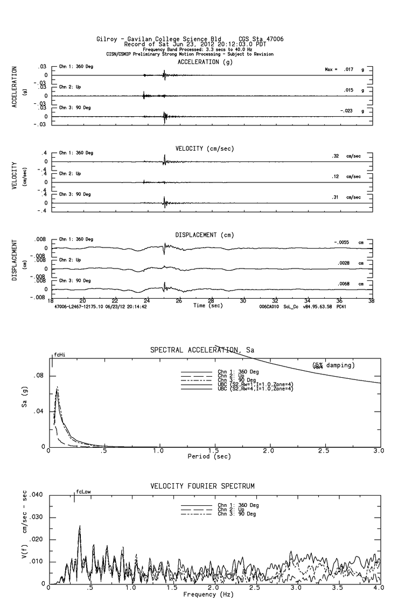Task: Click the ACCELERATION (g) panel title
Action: [205, 62]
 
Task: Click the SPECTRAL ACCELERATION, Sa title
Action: [203, 351]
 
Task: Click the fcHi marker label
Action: [59, 355]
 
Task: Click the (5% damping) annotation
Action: [332, 365]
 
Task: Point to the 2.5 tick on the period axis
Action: [324, 450]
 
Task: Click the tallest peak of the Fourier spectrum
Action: [80, 526]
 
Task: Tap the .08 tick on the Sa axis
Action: [40, 376]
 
